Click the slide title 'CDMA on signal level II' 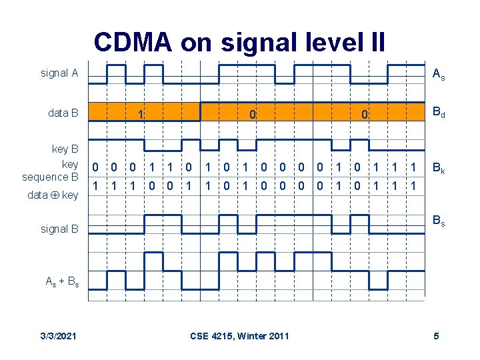click(x=239, y=42)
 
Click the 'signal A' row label click(x=59, y=73)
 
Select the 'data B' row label click(x=63, y=113)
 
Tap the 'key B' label click(x=65, y=149)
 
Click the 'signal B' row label click(x=59, y=229)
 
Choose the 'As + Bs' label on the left click(x=62, y=281)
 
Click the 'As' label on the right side click(x=439, y=75)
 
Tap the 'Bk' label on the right click(x=439, y=171)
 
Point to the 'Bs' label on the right click(x=439, y=220)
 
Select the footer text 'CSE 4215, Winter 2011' click(x=240, y=335)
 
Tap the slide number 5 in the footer click(x=436, y=335)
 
